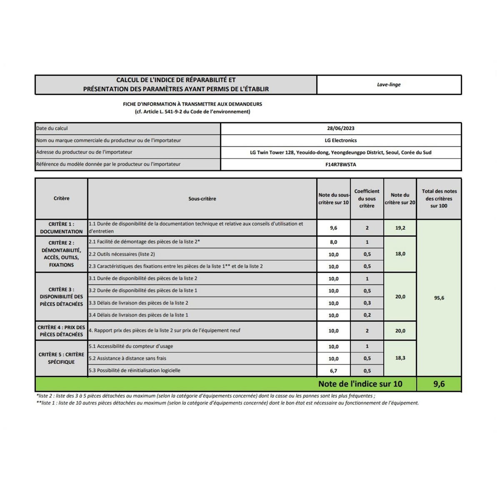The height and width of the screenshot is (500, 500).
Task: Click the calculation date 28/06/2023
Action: [340, 128]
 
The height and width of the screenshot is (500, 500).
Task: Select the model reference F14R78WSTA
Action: [340, 165]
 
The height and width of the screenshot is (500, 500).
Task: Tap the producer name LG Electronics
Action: [340, 140]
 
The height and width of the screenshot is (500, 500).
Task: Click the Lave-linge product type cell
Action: [388, 85]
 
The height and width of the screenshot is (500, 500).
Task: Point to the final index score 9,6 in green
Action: [439, 384]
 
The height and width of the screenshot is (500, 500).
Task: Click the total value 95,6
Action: [439, 298]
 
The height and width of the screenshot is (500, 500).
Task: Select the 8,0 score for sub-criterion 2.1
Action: [333, 242]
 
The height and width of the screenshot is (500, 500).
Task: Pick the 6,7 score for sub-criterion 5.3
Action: [333, 370]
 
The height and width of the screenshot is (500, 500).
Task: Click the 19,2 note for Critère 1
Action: [400, 228]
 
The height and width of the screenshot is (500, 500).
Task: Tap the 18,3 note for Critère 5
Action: [400, 358]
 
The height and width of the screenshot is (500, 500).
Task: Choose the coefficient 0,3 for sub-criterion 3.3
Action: [367, 303]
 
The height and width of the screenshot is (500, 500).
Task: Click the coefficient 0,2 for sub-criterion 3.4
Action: [367, 315]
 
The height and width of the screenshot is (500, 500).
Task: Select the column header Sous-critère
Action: [202, 199]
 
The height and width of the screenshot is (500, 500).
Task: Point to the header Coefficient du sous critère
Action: [367, 198]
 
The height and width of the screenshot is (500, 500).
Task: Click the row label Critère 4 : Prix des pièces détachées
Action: [61, 331]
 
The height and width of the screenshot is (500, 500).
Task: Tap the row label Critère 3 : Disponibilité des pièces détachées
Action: [61, 297]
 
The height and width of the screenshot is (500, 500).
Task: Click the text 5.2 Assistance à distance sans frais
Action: [127, 358]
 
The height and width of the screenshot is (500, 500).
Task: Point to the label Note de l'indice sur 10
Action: [360, 384]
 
